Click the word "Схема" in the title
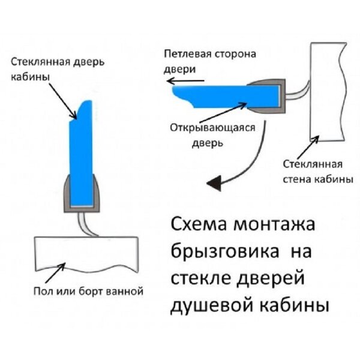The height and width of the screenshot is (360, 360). [199, 224]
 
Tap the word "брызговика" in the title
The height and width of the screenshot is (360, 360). [225, 252]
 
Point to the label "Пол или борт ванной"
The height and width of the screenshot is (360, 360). [88, 292]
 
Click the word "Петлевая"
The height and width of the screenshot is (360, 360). [188, 54]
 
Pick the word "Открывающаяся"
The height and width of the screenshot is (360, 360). [212, 128]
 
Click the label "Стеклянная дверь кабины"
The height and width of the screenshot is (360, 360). [58, 69]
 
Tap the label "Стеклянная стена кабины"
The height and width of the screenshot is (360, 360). [318, 172]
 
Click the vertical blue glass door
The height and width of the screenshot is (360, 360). [81, 153]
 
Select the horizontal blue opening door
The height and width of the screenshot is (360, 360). [226, 97]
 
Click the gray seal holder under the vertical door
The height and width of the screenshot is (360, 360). [82, 194]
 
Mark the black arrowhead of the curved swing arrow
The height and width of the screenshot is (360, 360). [215, 183]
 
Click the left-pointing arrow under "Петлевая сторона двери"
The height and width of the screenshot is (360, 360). [185, 81]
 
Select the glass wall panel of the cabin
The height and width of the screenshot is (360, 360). [328, 92]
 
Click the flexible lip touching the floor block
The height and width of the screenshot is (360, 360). [86, 224]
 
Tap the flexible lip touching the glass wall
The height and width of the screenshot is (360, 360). [298, 92]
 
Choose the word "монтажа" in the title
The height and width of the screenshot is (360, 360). [274, 224]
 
